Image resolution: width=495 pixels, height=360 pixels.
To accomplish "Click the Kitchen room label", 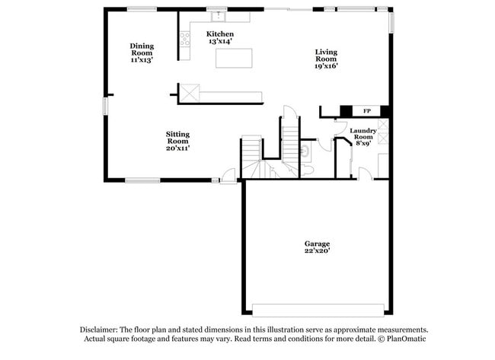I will coord(220,34).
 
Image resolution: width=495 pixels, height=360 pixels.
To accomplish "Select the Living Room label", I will coord(326,55).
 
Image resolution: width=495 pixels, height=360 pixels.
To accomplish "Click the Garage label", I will coord(318,244).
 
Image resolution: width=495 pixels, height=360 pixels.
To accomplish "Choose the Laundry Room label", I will coord(362,133).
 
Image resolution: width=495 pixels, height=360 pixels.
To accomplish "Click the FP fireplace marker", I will coord(366,111).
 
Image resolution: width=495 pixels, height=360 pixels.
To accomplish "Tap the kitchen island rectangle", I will coord(234,58).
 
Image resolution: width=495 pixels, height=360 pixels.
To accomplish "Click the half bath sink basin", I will coord(306,151).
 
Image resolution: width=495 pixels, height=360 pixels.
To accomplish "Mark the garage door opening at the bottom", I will coord(319,310).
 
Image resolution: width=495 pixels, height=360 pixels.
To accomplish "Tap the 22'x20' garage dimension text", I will coord(318,250).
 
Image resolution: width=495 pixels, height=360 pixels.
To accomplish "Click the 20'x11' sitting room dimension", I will coord(177,148).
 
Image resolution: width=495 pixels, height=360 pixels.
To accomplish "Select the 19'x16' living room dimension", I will coord(326,66).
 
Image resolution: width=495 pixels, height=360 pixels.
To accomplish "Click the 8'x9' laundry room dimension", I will coord(362,143).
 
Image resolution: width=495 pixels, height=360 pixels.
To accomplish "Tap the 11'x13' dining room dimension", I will coord(142,59).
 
